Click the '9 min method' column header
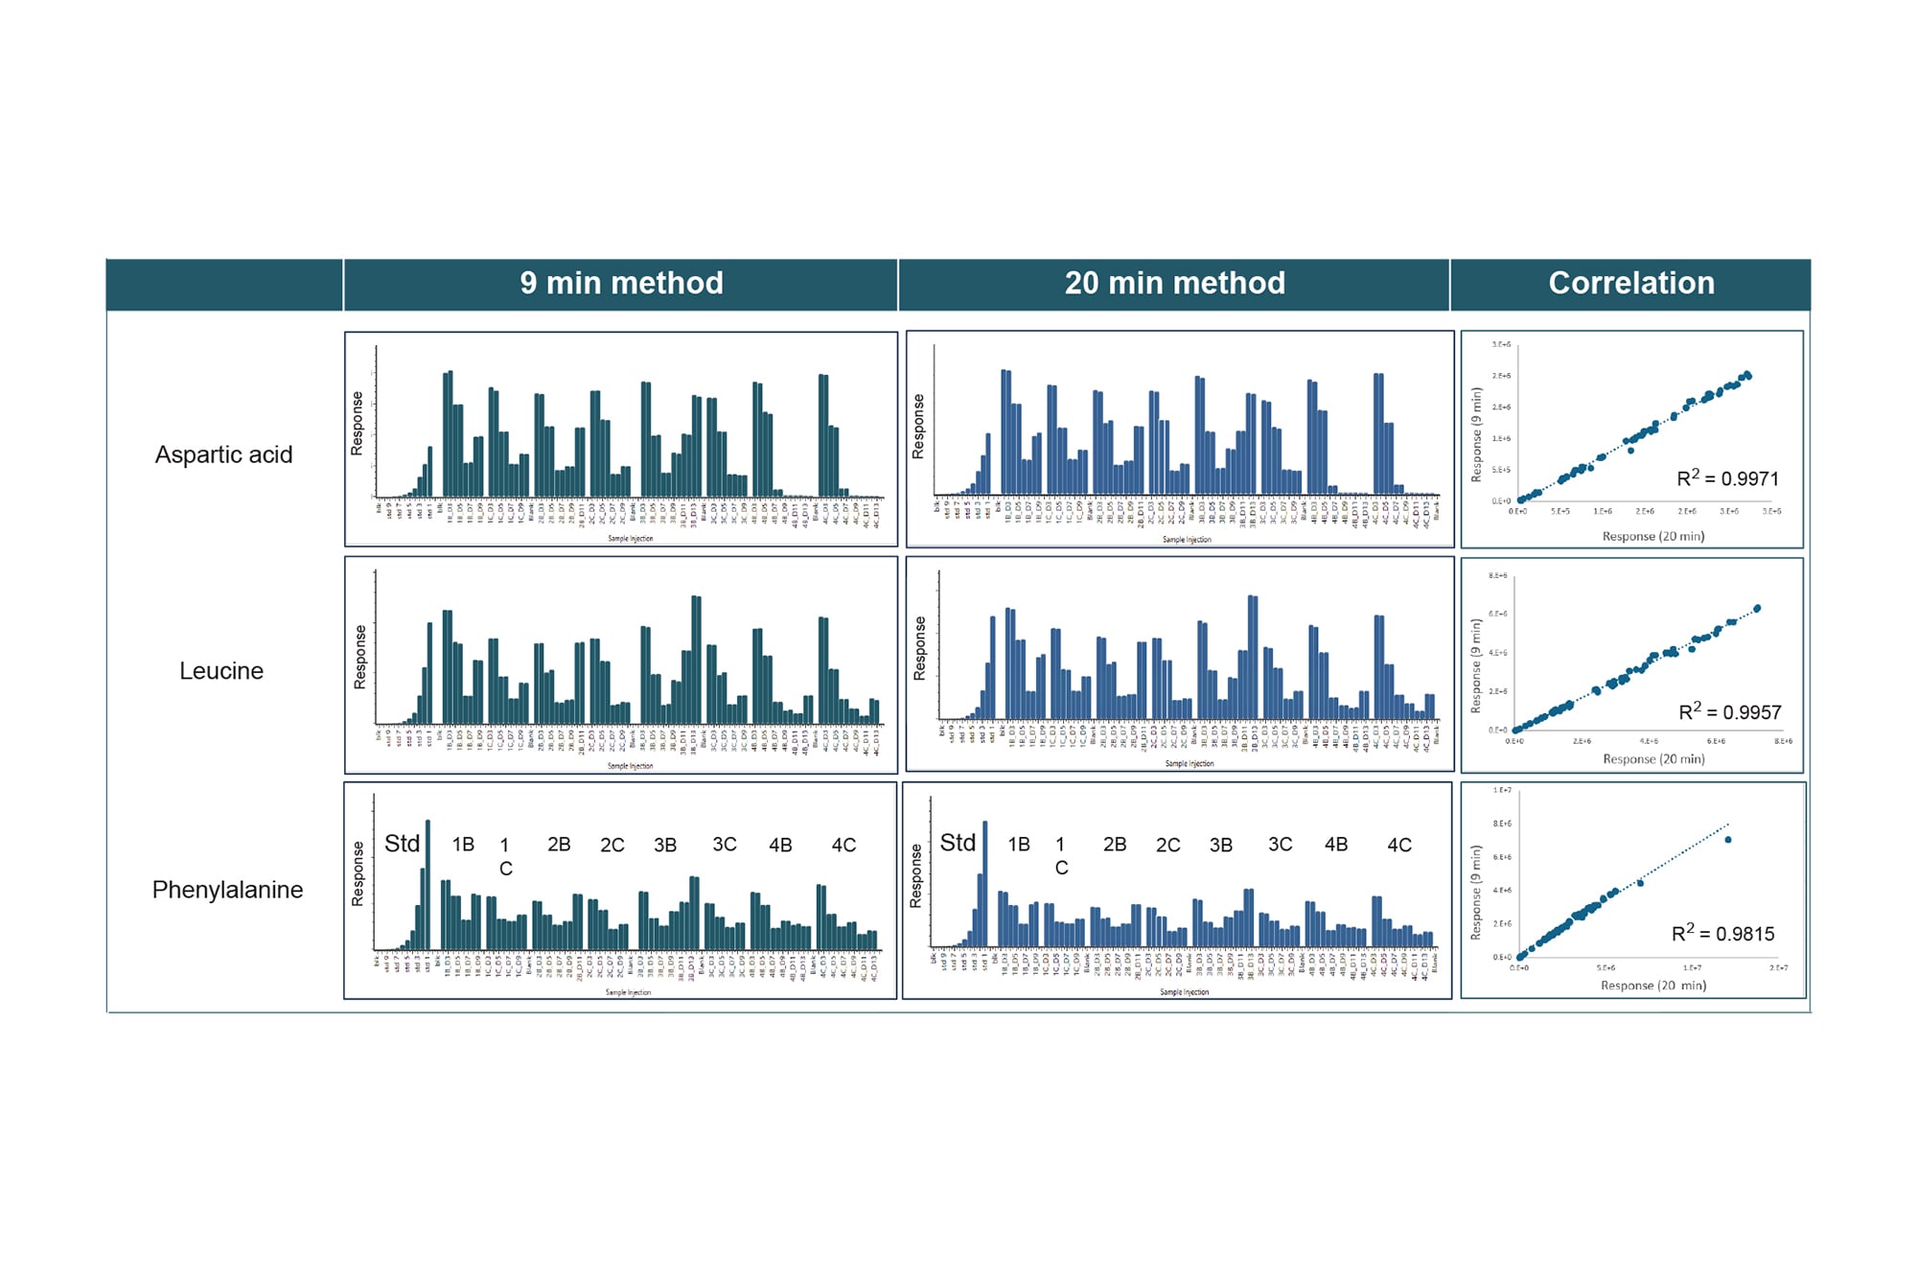[621, 284]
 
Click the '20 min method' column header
[1174, 284]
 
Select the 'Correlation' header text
[1631, 284]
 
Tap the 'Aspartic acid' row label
[223, 454]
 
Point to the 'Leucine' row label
[221, 671]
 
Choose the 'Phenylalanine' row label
[227, 890]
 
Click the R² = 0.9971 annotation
[1727, 478]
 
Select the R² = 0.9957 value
[1729, 712]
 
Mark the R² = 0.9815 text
[1722, 934]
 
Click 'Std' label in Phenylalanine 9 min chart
[402, 844]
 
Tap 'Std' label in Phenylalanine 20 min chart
[958, 843]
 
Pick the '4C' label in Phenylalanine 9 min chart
[843, 846]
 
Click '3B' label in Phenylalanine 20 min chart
[1220, 846]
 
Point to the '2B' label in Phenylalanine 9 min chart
[559, 845]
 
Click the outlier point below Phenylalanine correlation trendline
[1728, 840]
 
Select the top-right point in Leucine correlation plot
[1757, 609]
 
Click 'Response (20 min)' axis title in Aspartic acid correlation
[1653, 537]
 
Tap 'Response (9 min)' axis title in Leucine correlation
[1476, 665]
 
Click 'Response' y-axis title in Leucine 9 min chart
[360, 658]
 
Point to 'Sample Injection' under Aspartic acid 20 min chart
[1187, 540]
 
